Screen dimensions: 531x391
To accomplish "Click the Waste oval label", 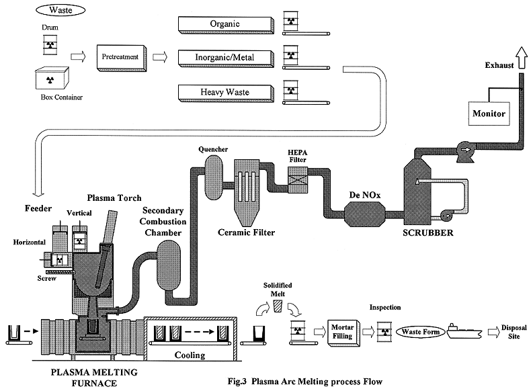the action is pyautogui.click(x=60, y=9).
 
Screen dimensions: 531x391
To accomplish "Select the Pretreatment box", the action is pyautogui.click(x=122, y=58).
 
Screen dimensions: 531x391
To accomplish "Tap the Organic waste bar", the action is pyautogui.click(x=226, y=25).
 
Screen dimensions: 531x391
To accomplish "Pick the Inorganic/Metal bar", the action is pyautogui.click(x=226, y=58).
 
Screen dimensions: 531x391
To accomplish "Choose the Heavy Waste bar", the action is pyautogui.click(x=226, y=93).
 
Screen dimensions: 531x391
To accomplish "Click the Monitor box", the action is pyautogui.click(x=489, y=114).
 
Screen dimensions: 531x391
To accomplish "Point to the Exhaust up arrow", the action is pyautogui.click(x=522, y=58).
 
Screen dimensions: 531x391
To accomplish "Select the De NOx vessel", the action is pyautogui.click(x=365, y=214).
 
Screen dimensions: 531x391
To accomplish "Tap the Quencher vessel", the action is pyautogui.click(x=214, y=177).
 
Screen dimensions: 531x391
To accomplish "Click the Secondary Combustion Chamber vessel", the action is pyautogui.click(x=169, y=265).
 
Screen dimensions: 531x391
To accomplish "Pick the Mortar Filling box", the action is pyautogui.click(x=343, y=333).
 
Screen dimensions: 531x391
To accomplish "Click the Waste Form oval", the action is pyautogui.click(x=420, y=332).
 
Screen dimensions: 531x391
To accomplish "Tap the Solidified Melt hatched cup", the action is pyautogui.click(x=278, y=306).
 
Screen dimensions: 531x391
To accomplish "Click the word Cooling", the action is pyautogui.click(x=190, y=355).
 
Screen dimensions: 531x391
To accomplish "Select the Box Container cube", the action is pyautogui.click(x=52, y=78).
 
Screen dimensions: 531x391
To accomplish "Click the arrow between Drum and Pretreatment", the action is pyautogui.click(x=78, y=57).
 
